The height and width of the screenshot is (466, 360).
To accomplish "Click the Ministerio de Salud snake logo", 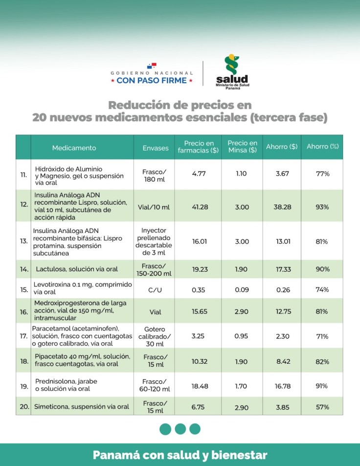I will pos(231,65).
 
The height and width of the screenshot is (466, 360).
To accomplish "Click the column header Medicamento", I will pos(74,147).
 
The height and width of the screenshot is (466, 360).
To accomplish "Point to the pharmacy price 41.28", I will pos(200,207).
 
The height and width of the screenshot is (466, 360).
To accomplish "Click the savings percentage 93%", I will pos(322,207).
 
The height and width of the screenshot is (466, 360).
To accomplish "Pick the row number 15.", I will pos(24,290).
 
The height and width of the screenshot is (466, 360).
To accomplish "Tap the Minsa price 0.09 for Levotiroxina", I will pos(242,290).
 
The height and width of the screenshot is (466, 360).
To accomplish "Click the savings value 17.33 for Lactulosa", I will pos(283,269).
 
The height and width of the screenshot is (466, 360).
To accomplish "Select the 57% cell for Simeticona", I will pos(322,407).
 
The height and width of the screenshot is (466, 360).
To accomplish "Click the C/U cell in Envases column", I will pos(155,290).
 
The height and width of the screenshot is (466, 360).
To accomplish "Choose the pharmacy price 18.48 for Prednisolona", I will pos(200,386).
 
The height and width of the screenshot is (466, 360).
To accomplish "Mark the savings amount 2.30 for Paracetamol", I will pos(283,336).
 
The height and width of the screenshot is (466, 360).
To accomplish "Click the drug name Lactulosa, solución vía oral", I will pos(77,269).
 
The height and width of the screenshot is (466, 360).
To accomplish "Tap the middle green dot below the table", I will pos(180,429).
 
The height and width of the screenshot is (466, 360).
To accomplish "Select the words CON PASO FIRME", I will pos(152,80).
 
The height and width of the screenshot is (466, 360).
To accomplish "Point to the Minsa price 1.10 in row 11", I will pos(242,174).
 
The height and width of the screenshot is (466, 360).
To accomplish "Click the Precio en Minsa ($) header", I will pos(242,147).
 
